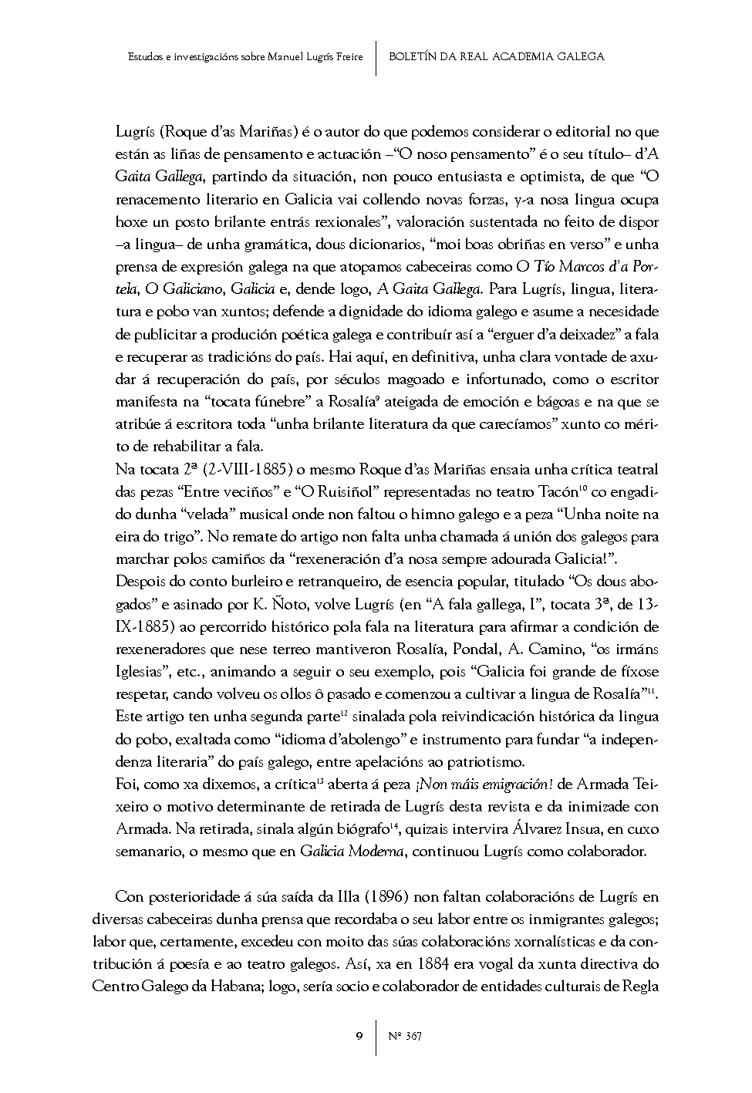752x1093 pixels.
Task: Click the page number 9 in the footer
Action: pyautogui.click(x=359, y=1035)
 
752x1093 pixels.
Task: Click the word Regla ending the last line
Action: pyautogui.click(x=639, y=986)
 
